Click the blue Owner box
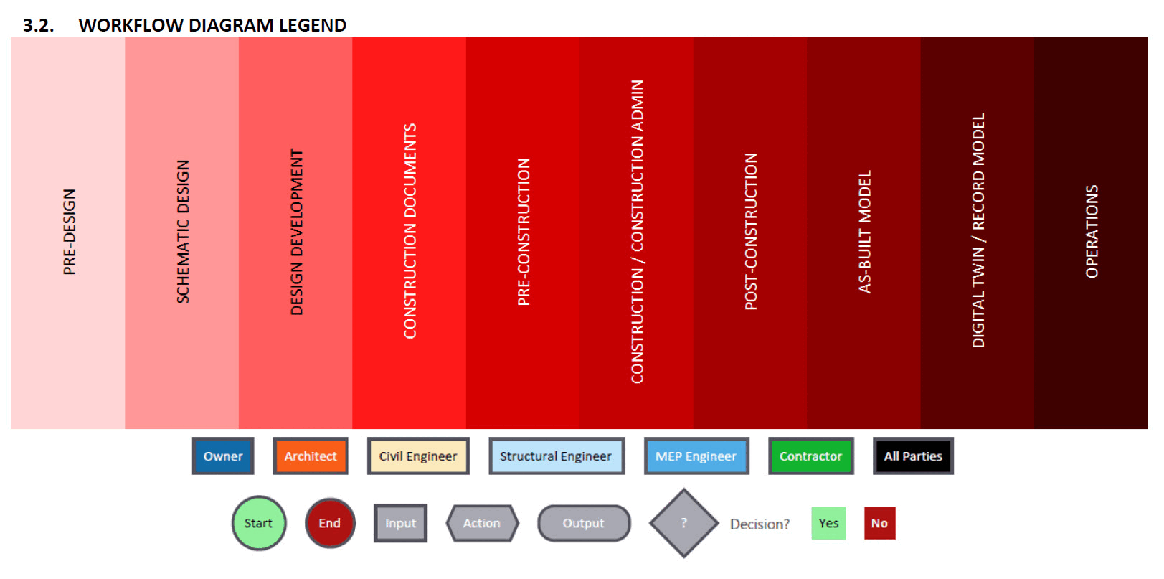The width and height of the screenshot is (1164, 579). [223, 456]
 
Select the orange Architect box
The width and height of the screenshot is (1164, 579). [311, 456]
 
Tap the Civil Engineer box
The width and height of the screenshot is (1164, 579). [418, 456]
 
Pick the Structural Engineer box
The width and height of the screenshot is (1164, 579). [556, 456]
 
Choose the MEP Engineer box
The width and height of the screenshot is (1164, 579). [696, 456]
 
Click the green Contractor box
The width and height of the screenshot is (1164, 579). [810, 456]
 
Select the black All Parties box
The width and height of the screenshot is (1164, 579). [913, 456]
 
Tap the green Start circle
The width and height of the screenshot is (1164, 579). [259, 523]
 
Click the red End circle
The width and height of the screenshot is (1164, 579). [330, 523]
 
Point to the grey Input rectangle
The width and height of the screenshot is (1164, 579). [400, 523]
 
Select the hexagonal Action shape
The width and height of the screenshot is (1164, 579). [482, 523]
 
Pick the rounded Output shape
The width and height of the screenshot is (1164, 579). [584, 523]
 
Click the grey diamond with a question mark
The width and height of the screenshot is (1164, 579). [684, 523]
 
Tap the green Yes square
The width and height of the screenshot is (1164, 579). [828, 523]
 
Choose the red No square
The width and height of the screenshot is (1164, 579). [879, 523]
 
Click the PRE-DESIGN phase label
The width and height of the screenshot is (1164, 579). [69, 232]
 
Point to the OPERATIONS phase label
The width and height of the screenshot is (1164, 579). [1092, 232]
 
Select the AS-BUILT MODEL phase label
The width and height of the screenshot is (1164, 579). [865, 232]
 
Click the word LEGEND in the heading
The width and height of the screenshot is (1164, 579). [312, 25]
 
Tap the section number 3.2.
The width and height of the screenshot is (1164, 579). [38, 25]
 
